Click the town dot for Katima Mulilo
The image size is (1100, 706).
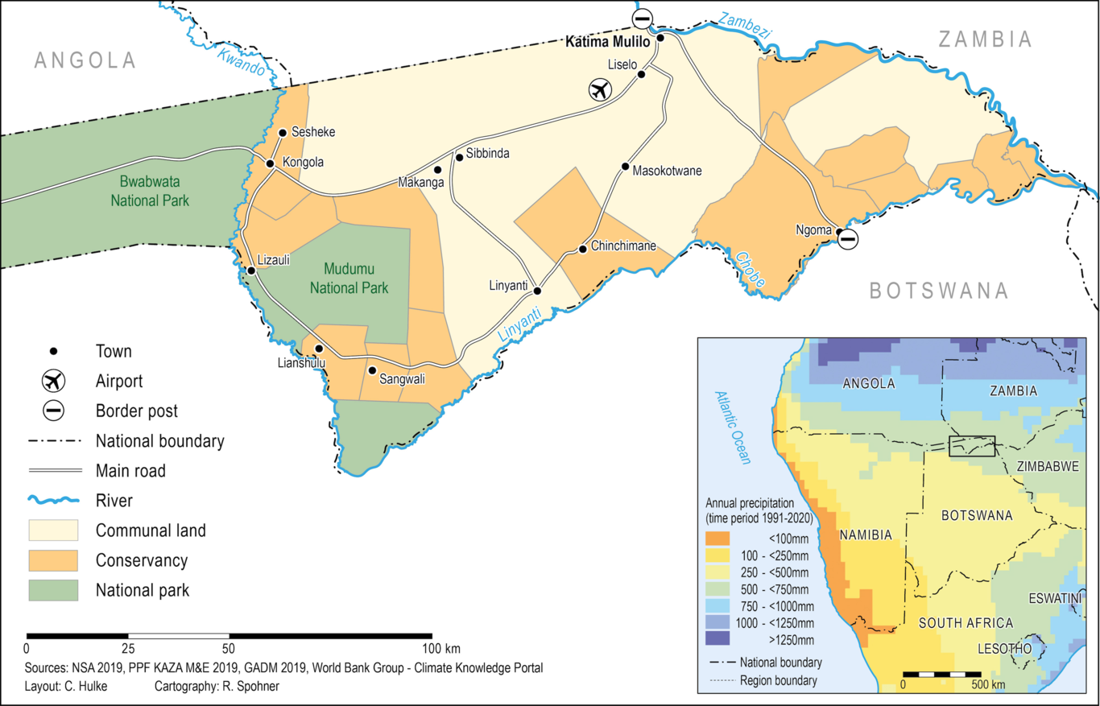660,38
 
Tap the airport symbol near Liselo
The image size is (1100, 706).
598,90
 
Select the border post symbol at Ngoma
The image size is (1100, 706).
848,239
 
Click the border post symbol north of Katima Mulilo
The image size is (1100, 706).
642,18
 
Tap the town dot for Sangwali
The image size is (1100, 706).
371,370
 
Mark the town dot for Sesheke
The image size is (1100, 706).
283,133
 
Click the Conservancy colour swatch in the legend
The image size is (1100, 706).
53,560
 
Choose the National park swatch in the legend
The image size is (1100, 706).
53,590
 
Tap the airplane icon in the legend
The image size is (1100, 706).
53,381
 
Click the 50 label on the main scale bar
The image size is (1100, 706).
229,648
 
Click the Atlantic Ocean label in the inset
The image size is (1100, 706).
733,428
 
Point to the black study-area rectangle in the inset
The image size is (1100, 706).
972,446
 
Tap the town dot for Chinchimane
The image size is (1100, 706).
582,249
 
